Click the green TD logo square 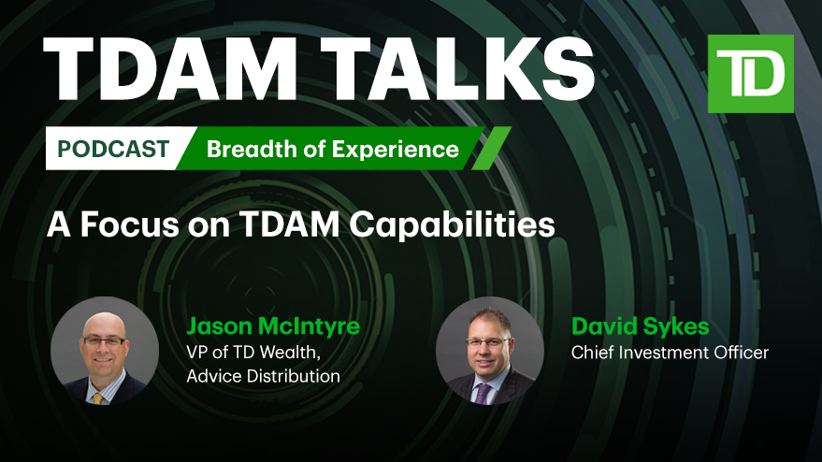750,74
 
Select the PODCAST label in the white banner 113,149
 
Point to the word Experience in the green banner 396,150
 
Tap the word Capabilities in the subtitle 452,225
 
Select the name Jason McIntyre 273,326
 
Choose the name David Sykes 640,326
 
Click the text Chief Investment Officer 670,353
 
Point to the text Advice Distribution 263,376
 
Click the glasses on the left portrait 105,341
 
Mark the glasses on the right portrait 486,342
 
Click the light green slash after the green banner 491,149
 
